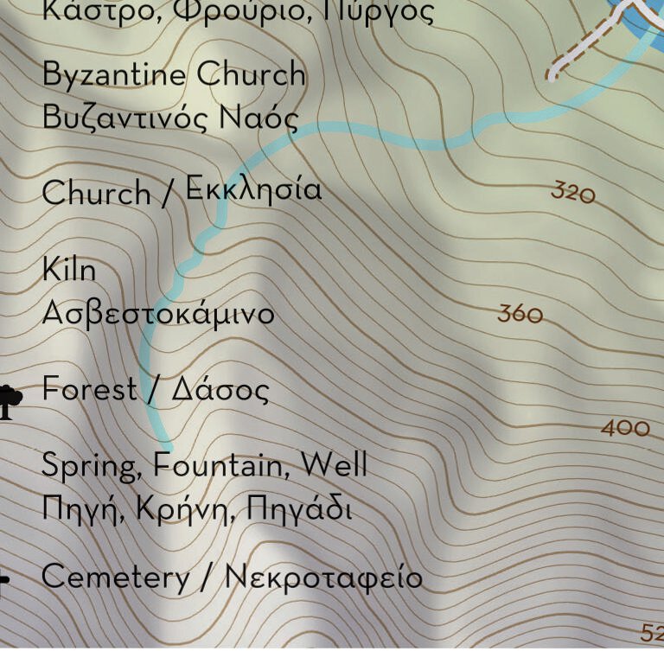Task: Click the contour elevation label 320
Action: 573,192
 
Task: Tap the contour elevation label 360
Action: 520,314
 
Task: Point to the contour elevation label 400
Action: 625,427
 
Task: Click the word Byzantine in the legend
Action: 113,75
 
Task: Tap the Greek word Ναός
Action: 259,118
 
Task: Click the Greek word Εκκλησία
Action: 253,189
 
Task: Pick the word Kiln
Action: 68,270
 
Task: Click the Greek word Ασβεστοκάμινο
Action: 157,312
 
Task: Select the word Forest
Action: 89,389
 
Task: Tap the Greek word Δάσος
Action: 220,391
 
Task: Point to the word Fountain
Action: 222,465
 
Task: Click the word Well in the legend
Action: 334,465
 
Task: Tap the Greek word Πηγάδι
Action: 299,508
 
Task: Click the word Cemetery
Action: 115,577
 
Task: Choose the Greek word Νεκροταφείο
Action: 323,577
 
